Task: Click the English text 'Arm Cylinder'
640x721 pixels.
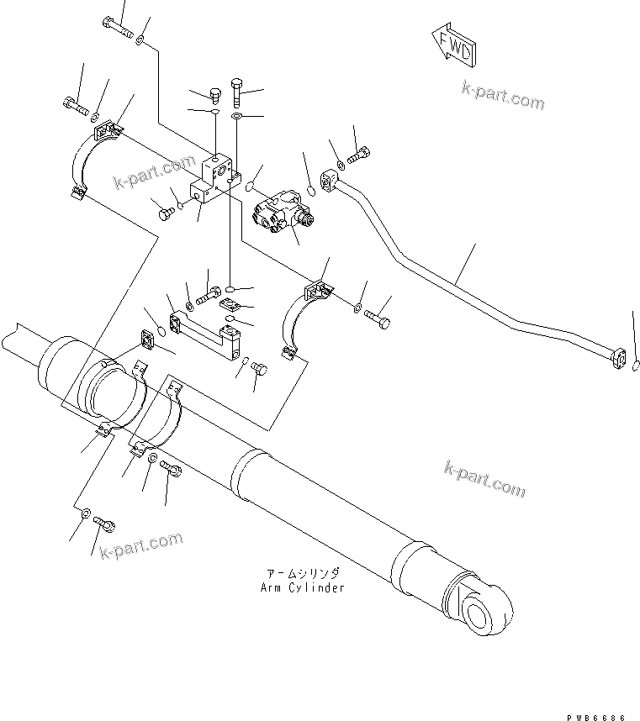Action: click(302, 587)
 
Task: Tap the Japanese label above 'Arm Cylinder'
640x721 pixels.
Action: click(302, 573)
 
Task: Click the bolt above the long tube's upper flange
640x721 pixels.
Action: click(357, 155)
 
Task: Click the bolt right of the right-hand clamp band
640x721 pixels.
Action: click(378, 318)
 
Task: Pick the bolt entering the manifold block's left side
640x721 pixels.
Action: click(166, 213)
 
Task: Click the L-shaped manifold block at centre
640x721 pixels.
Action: click(214, 180)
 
